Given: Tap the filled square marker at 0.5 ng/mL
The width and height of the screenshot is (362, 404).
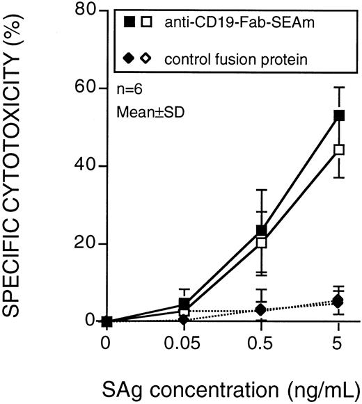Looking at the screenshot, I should click(x=261, y=230).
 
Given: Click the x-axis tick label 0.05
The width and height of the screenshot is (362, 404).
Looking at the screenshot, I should click(x=184, y=345).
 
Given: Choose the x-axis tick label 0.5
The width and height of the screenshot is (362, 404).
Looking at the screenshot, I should click(x=261, y=345).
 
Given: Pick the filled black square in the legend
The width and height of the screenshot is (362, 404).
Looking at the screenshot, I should click(x=129, y=22).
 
